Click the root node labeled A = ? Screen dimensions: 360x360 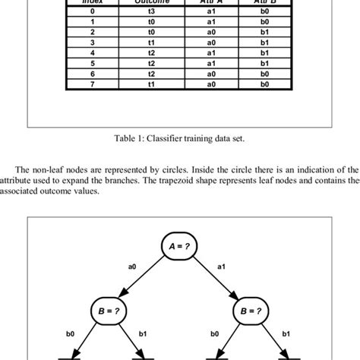(179, 246)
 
